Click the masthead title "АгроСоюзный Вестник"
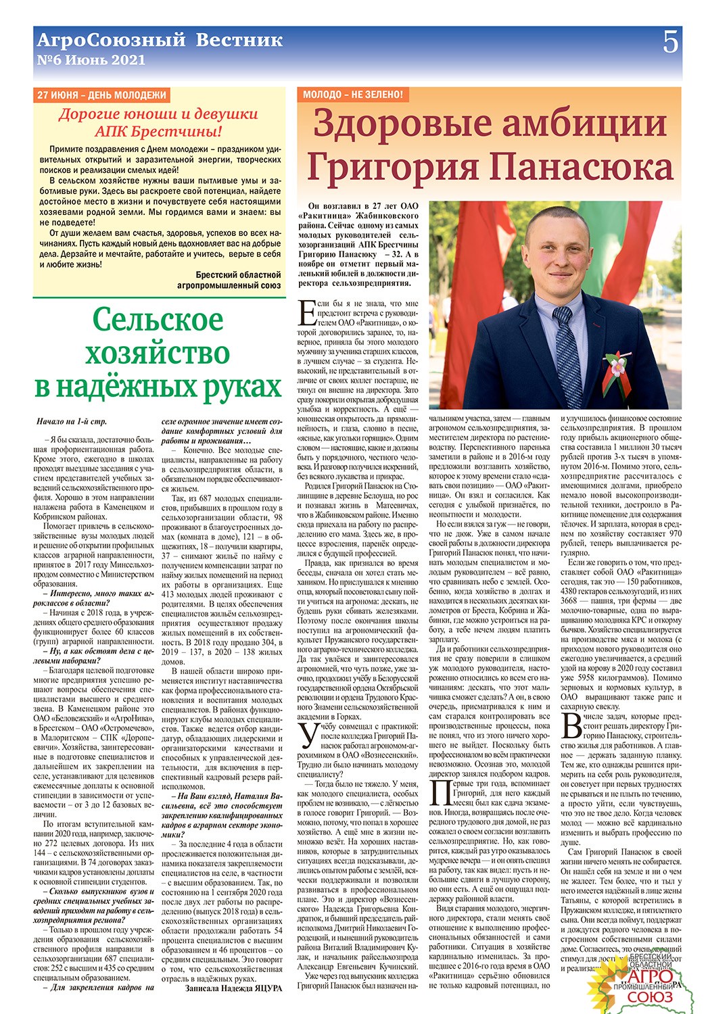(160, 40)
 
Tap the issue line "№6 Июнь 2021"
(91, 59)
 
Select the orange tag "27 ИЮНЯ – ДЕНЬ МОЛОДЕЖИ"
(101, 95)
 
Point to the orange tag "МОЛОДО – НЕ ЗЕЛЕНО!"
(352, 95)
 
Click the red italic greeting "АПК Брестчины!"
(158, 131)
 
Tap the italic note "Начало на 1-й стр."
(72, 421)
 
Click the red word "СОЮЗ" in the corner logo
(650, 997)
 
